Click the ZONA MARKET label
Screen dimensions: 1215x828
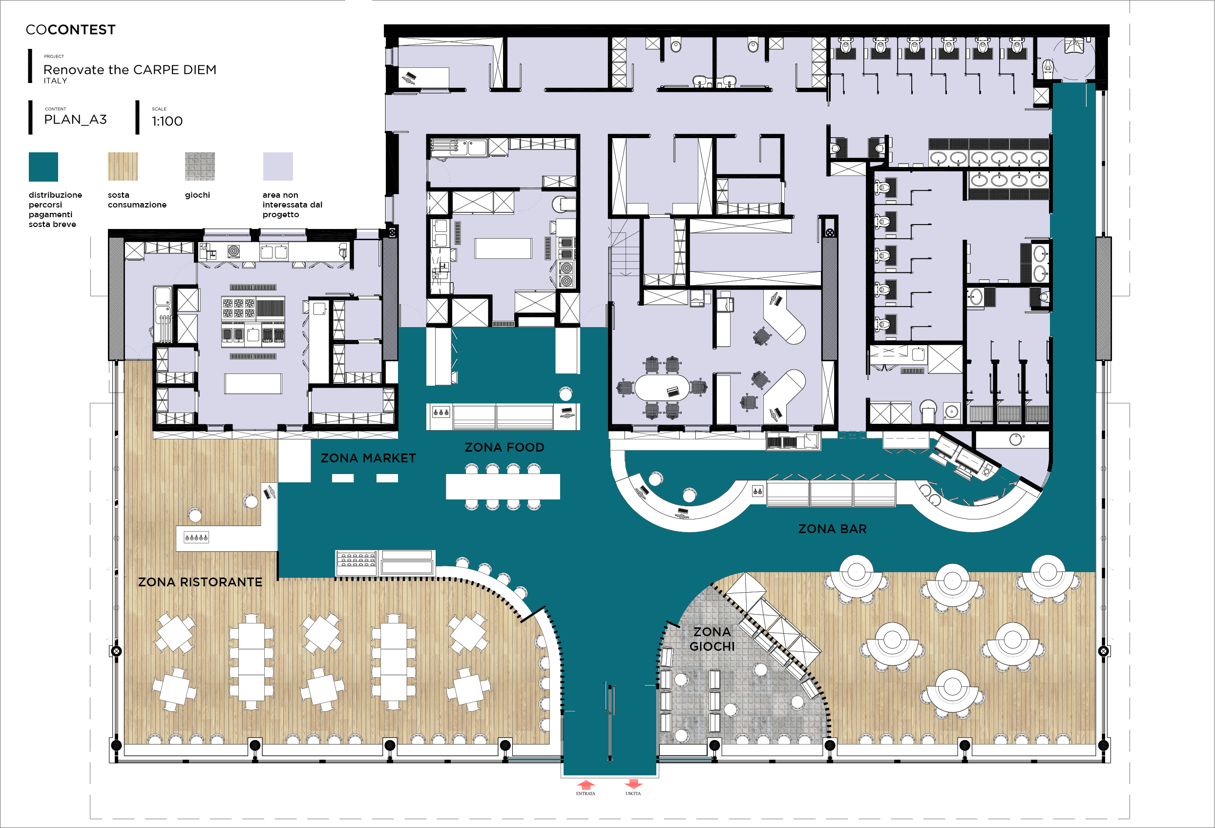click(368, 458)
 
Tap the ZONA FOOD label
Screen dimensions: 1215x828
click(504, 448)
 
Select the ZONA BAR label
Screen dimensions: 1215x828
click(832, 529)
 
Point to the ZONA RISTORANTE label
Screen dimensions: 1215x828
click(200, 582)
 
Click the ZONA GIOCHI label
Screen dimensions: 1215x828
click(712, 639)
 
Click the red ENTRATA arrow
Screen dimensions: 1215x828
click(586, 785)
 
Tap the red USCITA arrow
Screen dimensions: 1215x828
click(633, 784)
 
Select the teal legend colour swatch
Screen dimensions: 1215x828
click(43, 167)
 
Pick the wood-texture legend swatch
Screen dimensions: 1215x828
click(123, 167)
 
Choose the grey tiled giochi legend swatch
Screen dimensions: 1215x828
click(200, 167)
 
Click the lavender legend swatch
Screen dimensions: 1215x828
click(277, 167)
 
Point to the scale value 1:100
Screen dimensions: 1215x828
click(168, 121)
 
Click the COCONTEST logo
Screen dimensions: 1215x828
click(71, 30)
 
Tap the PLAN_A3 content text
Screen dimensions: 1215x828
click(75, 120)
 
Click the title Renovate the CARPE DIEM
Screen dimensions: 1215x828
click(130, 69)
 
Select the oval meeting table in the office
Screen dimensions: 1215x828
click(662, 387)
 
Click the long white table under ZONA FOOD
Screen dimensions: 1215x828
click(503, 487)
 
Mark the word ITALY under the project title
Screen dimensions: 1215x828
click(55, 81)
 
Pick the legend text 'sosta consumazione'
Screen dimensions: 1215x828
click(137, 200)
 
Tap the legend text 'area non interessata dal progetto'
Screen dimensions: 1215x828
click(292, 205)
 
